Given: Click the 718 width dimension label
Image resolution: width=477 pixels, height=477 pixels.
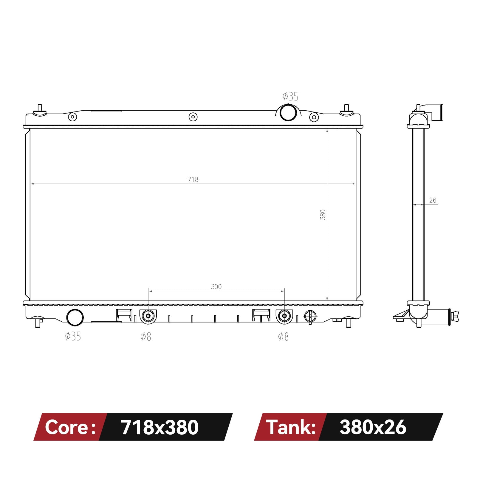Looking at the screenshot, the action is [x=193, y=179].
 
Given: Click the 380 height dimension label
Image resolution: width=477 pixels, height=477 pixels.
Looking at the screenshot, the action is [x=323, y=215].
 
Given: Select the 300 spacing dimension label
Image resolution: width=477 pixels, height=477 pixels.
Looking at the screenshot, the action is [x=216, y=286].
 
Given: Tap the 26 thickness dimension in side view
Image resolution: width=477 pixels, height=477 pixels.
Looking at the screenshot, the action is [x=433, y=200].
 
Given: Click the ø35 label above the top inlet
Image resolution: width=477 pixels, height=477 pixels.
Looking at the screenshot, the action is [x=290, y=96].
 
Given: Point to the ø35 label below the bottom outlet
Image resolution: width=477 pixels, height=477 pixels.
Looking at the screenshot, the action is [x=73, y=336].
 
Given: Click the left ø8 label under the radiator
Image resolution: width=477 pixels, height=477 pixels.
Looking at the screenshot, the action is [x=146, y=337].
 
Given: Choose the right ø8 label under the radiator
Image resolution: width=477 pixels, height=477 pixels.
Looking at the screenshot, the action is [x=283, y=337].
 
